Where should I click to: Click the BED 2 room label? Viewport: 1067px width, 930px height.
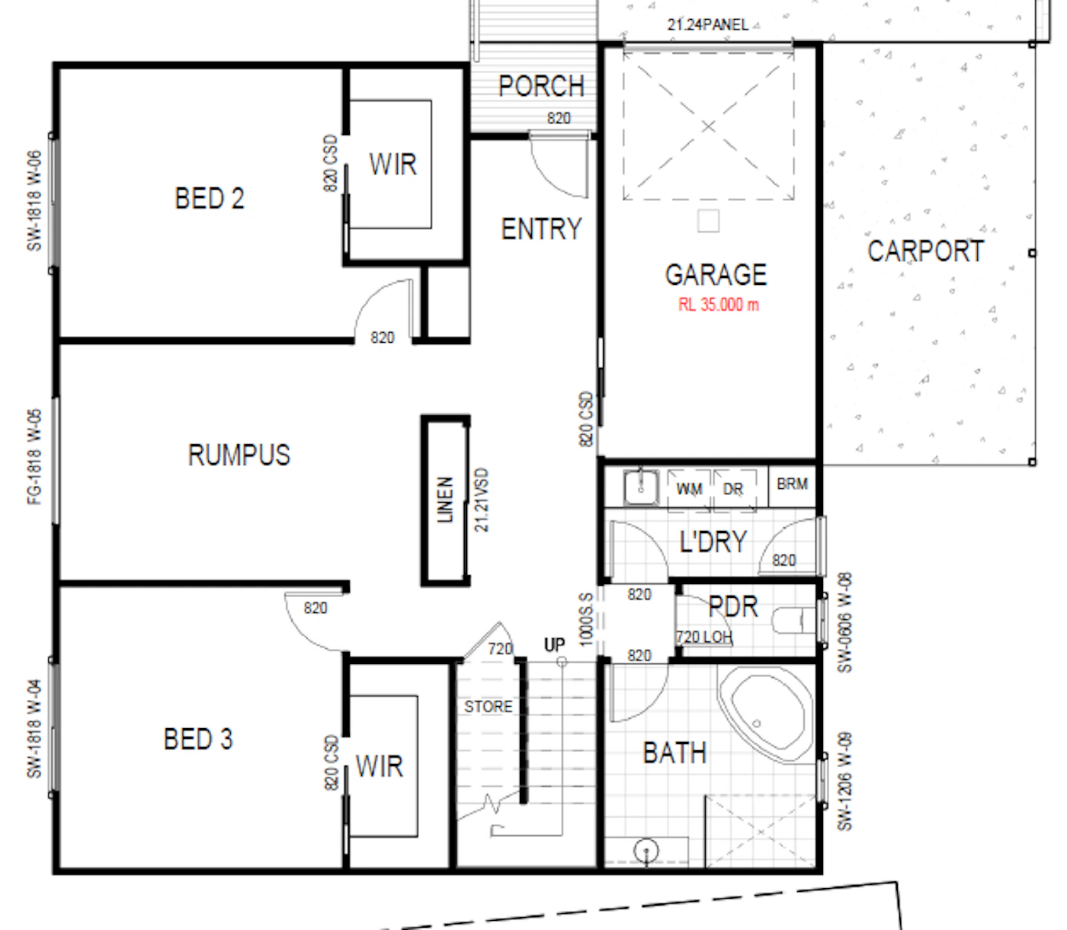209,199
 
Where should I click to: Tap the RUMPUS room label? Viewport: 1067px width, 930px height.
239,455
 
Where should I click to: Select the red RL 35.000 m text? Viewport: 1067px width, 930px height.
718,304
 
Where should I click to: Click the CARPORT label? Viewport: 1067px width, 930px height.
926,251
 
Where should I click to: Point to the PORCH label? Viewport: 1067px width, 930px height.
541,86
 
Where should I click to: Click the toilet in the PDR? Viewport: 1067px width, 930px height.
793,621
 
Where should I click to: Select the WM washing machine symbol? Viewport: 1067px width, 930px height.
689,489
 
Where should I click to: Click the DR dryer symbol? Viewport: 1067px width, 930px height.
734,489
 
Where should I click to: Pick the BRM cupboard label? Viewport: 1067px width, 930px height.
792,484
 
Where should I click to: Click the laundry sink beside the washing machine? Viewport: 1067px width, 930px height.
641,487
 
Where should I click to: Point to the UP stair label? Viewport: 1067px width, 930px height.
554,645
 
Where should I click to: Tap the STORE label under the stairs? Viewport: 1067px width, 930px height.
488,707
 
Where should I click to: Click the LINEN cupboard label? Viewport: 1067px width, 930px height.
445,499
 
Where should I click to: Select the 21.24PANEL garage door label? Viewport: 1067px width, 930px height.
708,24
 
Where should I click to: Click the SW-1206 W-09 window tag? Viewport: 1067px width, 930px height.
844,781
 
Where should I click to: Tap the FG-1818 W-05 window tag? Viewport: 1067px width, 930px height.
34,457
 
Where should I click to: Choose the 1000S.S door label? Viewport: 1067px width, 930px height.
586,619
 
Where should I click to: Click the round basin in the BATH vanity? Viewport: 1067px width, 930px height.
646,851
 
